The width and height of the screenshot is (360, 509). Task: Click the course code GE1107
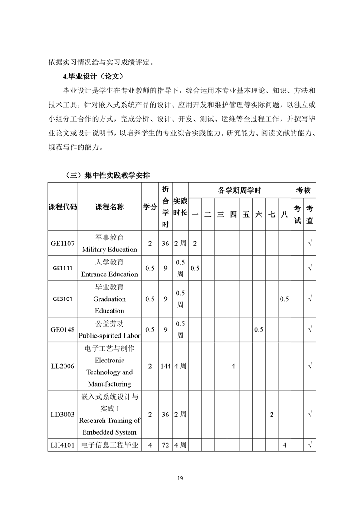click(63, 244)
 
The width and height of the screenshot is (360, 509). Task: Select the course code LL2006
click(63, 366)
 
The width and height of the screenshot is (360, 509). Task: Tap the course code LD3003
click(63, 415)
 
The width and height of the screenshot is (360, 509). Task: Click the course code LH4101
click(63, 445)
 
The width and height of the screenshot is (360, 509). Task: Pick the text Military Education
click(109, 250)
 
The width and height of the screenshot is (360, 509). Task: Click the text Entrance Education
click(109, 274)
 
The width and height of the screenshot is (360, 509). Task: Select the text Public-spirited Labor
click(109, 336)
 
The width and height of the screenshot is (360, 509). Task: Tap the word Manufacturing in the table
click(109, 384)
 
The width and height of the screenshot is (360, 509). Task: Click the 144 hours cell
click(165, 366)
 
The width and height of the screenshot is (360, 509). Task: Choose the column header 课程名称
click(109, 206)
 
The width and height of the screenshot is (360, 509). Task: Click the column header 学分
click(150, 206)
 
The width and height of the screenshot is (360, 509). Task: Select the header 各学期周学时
click(239, 190)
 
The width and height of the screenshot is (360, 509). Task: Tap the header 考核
click(303, 190)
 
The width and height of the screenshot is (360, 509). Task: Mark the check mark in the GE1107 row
click(310, 244)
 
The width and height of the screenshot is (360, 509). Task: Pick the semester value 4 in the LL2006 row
click(233, 366)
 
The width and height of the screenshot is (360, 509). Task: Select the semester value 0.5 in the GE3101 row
click(285, 299)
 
